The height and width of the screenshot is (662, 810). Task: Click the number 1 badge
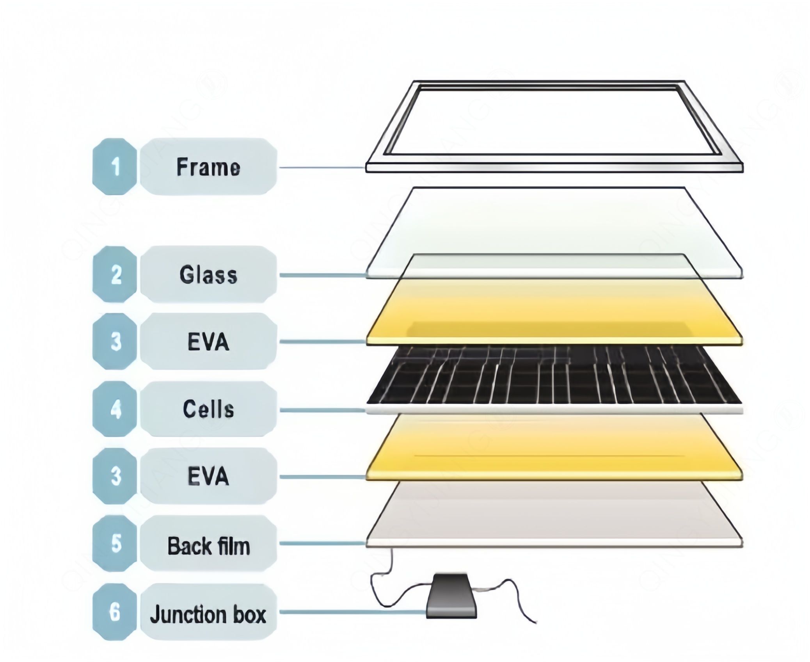click(115, 167)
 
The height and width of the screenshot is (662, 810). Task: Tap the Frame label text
click(208, 167)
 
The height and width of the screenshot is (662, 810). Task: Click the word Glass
click(208, 274)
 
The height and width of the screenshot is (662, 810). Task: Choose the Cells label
click(208, 409)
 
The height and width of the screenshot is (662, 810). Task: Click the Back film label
click(208, 546)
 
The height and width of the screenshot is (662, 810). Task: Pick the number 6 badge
click(115, 612)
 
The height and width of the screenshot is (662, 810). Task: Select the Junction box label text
click(208, 614)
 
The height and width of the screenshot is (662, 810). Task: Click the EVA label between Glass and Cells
click(208, 342)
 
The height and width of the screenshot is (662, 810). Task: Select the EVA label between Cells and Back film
click(208, 476)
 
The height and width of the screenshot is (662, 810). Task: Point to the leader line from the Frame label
click(322, 167)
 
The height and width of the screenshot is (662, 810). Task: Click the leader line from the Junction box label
click(351, 612)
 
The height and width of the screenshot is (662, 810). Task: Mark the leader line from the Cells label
click(322, 410)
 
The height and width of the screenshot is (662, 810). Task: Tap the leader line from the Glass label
click(322, 275)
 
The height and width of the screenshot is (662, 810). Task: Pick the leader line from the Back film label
click(322, 543)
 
